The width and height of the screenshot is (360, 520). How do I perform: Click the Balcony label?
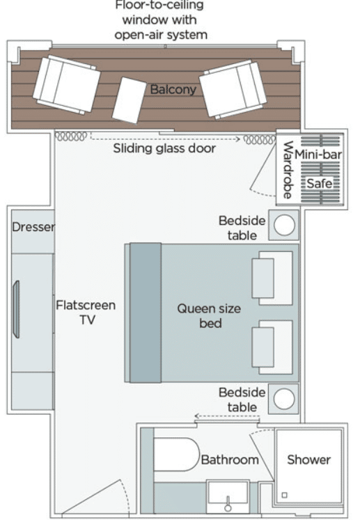coord(173,89)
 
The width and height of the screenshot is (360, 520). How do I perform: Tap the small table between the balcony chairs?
coord(129,100)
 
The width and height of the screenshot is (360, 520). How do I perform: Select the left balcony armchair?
coord(66,84)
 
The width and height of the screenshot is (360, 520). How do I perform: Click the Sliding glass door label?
coord(164,148)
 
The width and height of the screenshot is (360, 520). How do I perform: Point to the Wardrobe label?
coord(288,170)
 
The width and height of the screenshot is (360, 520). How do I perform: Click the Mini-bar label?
coord(318,155)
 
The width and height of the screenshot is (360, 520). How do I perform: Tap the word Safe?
coord(319,183)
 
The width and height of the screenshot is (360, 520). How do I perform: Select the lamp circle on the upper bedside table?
coord(284,225)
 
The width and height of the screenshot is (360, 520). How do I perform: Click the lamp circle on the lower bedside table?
coord(284,399)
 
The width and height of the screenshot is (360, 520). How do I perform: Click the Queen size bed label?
coord(209,316)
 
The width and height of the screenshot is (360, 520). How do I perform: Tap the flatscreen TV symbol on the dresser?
coord(16,309)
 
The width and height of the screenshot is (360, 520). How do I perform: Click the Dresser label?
coord(33,227)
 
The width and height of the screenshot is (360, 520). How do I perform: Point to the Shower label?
coord(308,459)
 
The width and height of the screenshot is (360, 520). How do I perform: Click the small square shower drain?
coord(284,495)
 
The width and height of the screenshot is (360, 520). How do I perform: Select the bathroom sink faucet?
coord(228,504)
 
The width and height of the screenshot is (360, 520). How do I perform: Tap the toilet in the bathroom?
coord(176,455)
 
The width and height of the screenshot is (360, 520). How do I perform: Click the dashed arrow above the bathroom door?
coord(226,416)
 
